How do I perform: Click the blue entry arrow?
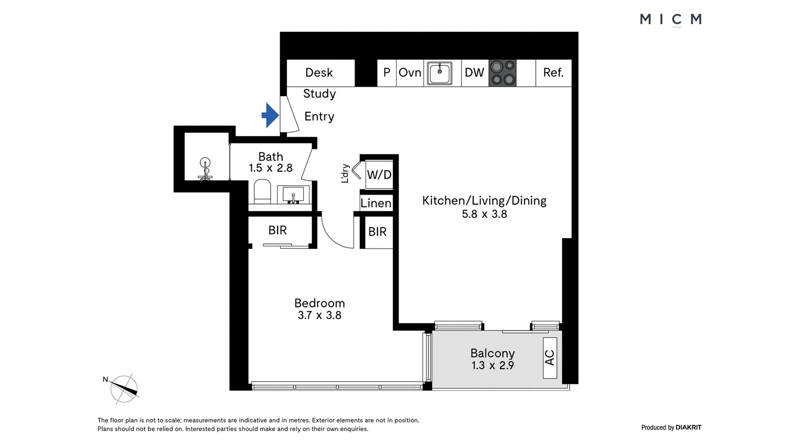[270, 115]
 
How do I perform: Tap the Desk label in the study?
[319, 73]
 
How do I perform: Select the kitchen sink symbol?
[440, 73]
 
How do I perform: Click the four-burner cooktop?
[502, 73]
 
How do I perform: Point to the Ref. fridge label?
[553, 73]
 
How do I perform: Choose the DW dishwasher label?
[474, 73]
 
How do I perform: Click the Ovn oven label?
[410, 73]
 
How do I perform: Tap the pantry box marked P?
[387, 73]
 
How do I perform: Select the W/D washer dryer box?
[379, 175]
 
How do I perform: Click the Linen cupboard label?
[376, 203]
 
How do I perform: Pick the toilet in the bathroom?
[262, 191]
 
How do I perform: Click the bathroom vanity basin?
[293, 195]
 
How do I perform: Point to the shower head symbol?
[205, 169]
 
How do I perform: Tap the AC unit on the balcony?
[550, 358]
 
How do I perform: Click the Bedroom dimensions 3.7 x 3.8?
[320, 315]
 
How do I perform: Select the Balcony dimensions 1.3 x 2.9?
[492, 365]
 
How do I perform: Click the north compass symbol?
[124, 389]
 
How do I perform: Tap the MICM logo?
[671, 19]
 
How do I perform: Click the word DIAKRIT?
[689, 428]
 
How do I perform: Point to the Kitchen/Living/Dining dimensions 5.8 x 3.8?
[484, 214]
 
